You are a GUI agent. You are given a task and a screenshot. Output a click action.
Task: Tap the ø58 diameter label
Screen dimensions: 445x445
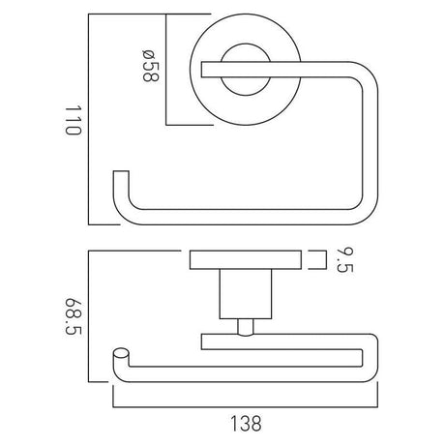148,69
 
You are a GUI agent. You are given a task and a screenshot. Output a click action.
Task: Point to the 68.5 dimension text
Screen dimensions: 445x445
70,316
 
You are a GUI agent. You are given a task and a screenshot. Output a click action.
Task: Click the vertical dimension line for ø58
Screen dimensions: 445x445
167,69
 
